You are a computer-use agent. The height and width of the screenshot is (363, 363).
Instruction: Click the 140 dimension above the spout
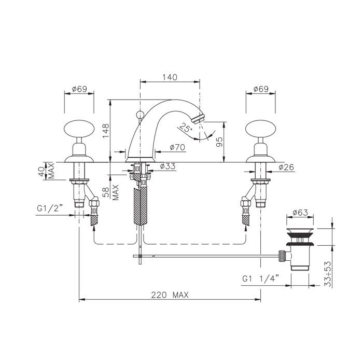(x=170, y=77)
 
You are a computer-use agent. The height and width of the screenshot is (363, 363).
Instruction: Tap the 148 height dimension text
(x=106, y=131)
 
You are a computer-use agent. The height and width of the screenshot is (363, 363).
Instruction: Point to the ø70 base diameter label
(x=177, y=147)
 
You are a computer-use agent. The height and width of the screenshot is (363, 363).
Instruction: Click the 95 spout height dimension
(x=219, y=142)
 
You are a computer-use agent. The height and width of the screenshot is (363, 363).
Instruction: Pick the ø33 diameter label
(x=167, y=166)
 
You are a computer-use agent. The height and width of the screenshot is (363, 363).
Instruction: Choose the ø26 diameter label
(x=286, y=167)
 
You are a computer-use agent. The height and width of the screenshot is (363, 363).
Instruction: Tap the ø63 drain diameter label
(x=300, y=213)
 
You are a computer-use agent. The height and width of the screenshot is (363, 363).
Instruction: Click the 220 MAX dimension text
(x=170, y=295)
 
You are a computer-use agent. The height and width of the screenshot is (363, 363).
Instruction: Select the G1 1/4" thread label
(x=260, y=278)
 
